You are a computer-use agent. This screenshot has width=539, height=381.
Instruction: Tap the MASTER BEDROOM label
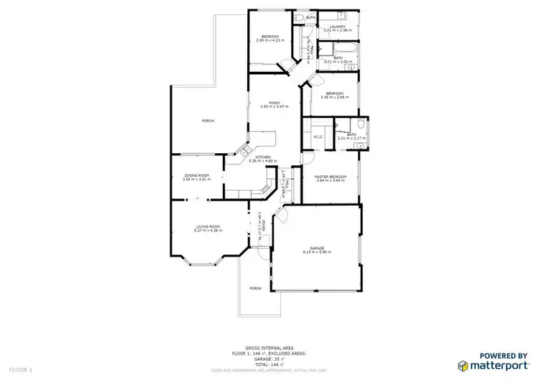(x=331, y=177)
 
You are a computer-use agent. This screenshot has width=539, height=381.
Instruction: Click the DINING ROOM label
(x=195, y=175)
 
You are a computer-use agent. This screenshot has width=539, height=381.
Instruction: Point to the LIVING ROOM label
(x=208, y=227)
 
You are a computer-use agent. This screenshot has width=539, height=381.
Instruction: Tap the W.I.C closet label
(x=317, y=137)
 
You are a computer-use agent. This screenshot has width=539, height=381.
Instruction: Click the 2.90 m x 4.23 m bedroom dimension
(x=270, y=41)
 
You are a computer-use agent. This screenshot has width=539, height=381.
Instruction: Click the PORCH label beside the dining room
(x=208, y=121)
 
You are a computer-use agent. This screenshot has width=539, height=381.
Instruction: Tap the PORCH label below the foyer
(x=255, y=288)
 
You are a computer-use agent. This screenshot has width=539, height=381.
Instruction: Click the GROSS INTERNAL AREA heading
(x=269, y=346)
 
